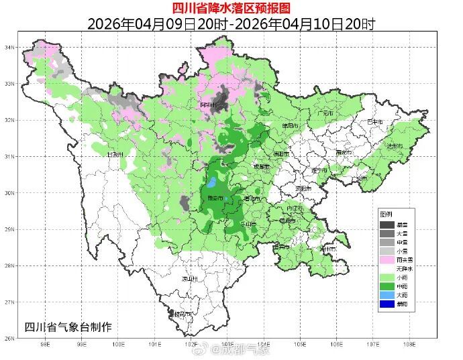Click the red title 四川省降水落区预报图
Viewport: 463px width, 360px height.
[x=231, y=8]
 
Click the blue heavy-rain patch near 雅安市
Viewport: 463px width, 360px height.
[x=211, y=182]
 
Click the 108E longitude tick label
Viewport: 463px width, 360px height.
[x=409, y=345]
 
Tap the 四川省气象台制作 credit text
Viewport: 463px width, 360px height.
[x=67, y=326]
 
